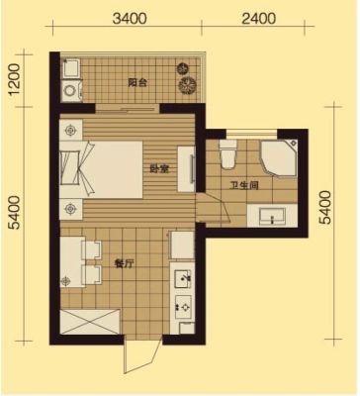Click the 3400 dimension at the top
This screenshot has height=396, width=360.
[x=130, y=19]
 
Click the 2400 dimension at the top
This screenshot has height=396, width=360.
[x=258, y=19]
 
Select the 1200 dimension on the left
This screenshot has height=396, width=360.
[x=16, y=79]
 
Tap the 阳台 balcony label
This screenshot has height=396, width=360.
[x=137, y=82]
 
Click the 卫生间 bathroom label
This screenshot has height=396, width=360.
[x=244, y=185]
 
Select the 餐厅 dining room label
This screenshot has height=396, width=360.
[x=124, y=263]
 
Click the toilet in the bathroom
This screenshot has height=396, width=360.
[x=228, y=154]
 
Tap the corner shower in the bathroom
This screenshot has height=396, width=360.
[x=279, y=158]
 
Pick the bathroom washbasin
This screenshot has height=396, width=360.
[x=272, y=215]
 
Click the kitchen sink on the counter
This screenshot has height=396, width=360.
[x=182, y=279]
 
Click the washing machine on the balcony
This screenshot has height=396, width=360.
[x=70, y=90]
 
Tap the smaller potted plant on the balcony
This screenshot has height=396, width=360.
[x=182, y=68]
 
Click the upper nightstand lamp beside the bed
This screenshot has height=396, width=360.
[x=70, y=131]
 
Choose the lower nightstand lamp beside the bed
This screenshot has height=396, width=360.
[x=70, y=209]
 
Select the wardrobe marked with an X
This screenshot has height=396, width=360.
[x=90, y=322]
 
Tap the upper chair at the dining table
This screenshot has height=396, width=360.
[x=91, y=249]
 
